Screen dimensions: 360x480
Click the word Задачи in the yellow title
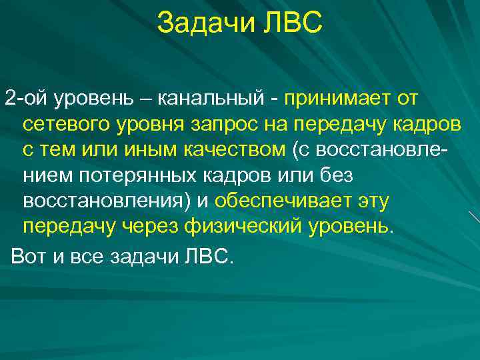tap(200, 25)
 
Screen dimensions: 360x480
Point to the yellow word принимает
tap(335, 100)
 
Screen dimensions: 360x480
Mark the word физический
tap(247, 225)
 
